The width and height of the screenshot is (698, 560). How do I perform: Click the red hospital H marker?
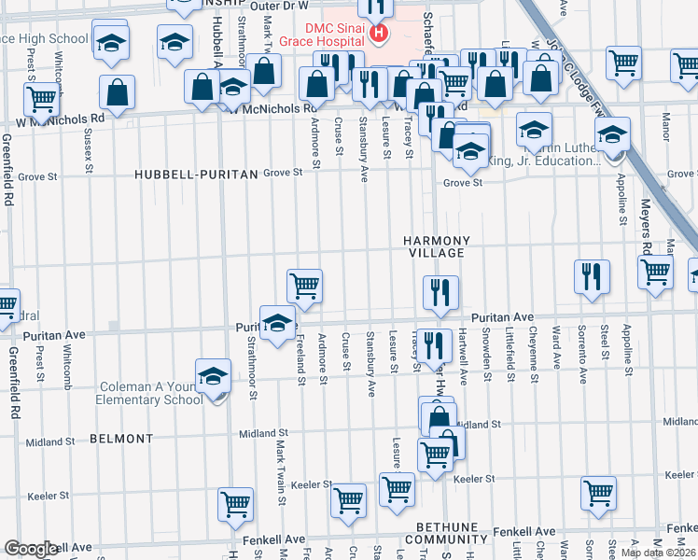pyautogui.click(x=378, y=35)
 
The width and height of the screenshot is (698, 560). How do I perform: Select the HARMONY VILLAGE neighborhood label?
pyautogui.click(x=434, y=246)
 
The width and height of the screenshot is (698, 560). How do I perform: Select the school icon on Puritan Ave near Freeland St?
pyautogui.click(x=277, y=323)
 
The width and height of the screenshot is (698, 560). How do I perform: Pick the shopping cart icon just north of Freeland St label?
pyautogui.click(x=305, y=286)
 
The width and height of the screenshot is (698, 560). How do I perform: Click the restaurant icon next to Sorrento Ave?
pyautogui.click(x=592, y=275)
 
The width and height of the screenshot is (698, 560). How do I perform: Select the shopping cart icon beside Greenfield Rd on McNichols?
pyautogui.click(x=42, y=98)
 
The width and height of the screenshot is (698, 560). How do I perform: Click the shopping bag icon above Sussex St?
pyautogui.click(x=118, y=92)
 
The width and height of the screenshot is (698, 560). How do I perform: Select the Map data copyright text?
pyautogui.click(x=659, y=553)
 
